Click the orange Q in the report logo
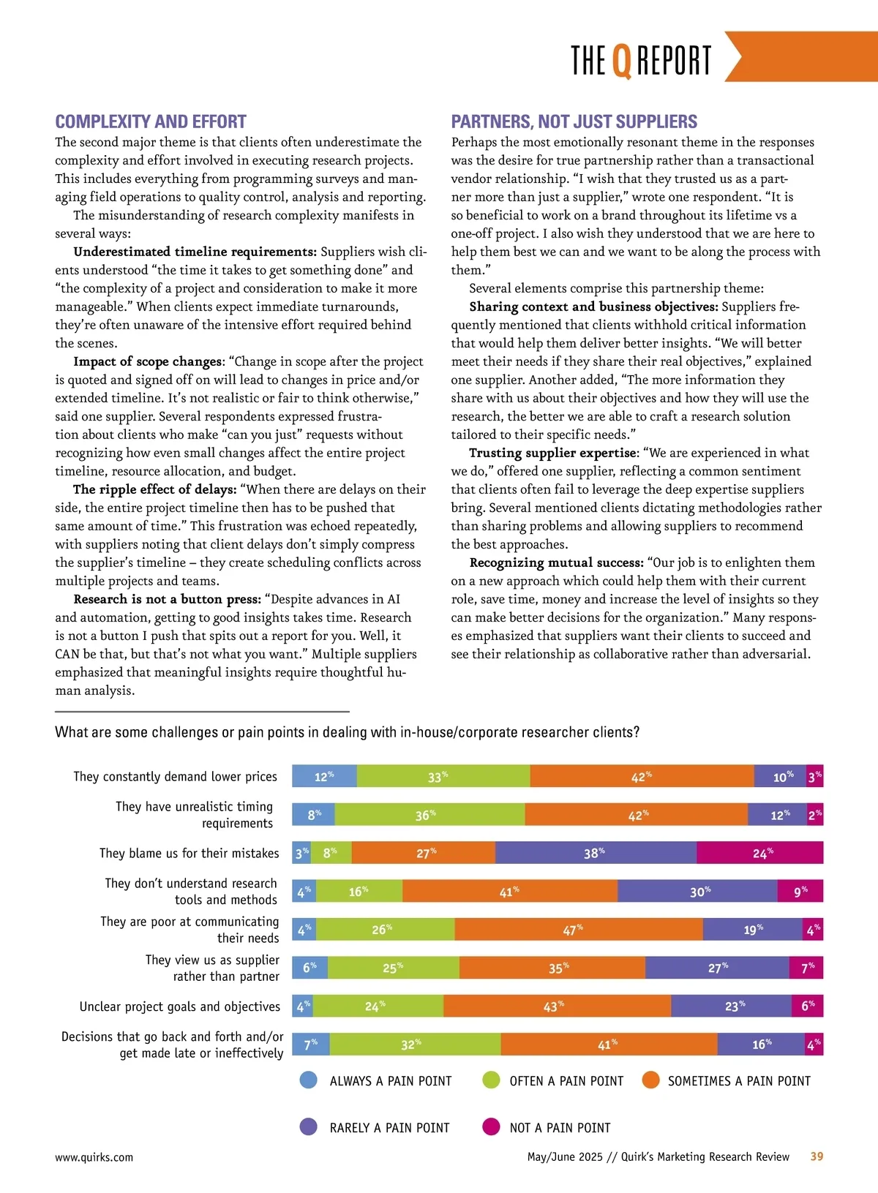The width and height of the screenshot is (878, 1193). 621,61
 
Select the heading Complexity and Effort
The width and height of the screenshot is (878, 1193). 151,121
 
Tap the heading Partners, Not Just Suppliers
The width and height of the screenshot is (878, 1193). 574,121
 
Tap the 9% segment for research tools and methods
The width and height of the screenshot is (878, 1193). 800,891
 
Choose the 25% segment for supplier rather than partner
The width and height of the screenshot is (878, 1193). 394,968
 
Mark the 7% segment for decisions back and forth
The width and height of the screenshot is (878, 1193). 311,1044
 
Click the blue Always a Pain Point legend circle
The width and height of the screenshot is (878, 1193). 309,1080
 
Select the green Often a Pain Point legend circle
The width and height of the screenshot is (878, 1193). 491,1080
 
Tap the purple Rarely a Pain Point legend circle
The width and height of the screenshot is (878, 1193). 309,1126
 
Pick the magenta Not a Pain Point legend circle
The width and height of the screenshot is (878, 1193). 491,1126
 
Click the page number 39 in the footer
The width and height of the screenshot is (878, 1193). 817,1156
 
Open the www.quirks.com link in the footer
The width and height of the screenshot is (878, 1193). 94,1157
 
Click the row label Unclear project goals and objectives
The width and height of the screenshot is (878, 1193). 180,1006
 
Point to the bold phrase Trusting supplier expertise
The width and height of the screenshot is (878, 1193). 553,453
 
